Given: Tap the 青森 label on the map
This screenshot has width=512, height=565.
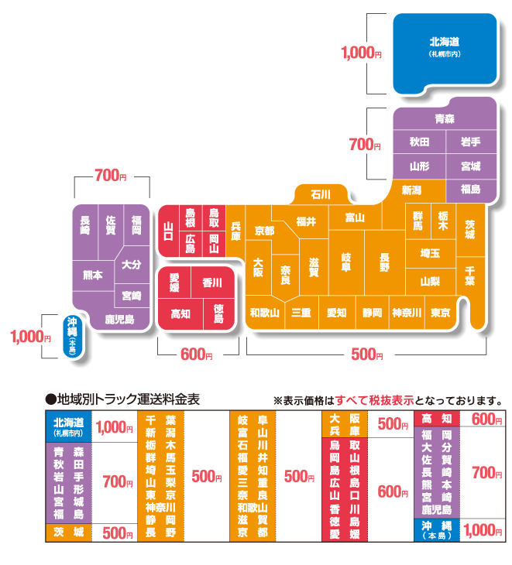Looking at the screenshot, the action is [x=445, y=118].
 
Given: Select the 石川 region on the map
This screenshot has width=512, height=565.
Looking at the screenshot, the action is [x=321, y=195].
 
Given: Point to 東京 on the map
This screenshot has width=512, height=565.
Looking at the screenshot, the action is [x=440, y=313].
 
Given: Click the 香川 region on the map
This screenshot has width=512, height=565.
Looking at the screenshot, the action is [x=212, y=282].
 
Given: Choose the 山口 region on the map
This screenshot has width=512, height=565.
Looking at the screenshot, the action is [x=168, y=231].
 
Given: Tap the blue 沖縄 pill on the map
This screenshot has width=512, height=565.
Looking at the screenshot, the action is [x=73, y=337].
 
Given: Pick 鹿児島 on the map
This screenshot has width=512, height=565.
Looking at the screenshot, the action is [x=119, y=319].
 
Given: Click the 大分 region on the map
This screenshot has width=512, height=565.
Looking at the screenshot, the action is [x=132, y=265].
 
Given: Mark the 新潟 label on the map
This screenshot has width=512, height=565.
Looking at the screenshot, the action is [x=411, y=190].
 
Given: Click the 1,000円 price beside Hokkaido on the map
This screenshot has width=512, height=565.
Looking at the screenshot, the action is [x=361, y=53].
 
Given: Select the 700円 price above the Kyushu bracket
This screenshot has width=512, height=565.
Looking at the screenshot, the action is [x=111, y=176].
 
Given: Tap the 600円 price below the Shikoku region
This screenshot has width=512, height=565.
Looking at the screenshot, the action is [x=197, y=354].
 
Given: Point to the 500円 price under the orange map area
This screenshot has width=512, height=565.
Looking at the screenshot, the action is [x=367, y=354].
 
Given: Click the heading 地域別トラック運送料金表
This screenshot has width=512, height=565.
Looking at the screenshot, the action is [x=129, y=399].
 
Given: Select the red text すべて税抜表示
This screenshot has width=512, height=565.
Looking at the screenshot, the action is [x=375, y=400].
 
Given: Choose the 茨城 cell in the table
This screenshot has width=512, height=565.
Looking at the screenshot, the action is [x=68, y=532].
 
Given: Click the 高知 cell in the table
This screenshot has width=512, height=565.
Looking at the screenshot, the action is [x=437, y=419].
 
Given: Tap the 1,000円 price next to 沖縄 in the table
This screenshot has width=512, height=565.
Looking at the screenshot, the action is [x=483, y=530].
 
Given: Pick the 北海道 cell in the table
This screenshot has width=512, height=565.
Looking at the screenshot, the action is [x=68, y=426].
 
